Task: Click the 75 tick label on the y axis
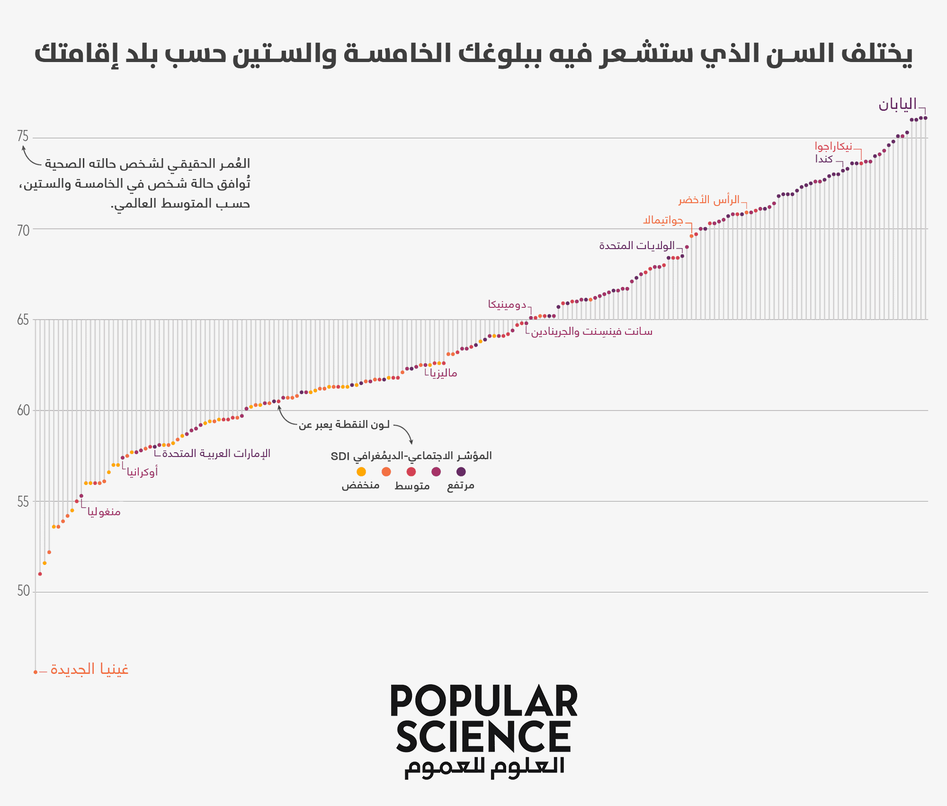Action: (x=23, y=136)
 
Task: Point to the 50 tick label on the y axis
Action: (x=23, y=591)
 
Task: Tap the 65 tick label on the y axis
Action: (x=23, y=320)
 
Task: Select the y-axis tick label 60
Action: (x=23, y=411)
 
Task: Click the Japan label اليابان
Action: (x=897, y=105)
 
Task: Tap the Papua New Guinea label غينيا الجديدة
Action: (x=89, y=670)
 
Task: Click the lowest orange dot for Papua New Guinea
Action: (x=36, y=672)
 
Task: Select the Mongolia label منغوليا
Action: (x=104, y=512)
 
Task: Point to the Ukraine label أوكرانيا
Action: (x=142, y=472)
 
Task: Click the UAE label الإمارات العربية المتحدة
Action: (x=216, y=454)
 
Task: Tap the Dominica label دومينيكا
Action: (x=507, y=304)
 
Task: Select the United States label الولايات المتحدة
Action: (x=637, y=246)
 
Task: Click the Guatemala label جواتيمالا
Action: (x=663, y=220)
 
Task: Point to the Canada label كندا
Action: (x=824, y=159)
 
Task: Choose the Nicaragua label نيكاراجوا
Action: (x=833, y=146)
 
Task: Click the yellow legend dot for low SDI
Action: (x=361, y=472)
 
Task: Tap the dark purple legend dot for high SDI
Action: (x=461, y=472)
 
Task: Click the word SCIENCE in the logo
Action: (x=483, y=737)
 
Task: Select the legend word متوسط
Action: (x=412, y=486)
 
